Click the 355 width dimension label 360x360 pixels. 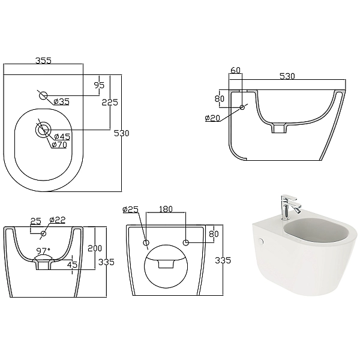tap(43, 61)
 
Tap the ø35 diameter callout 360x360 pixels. tap(61, 101)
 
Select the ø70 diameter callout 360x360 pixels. tap(59, 145)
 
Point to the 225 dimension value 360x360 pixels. tap(110, 103)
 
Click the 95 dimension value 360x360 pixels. tap(99, 85)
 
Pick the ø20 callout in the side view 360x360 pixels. tap(212, 118)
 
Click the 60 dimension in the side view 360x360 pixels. tap(235, 70)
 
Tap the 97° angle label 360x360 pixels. tap(43, 250)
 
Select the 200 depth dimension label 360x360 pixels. tap(95, 248)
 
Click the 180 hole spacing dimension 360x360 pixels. tap(166, 209)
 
